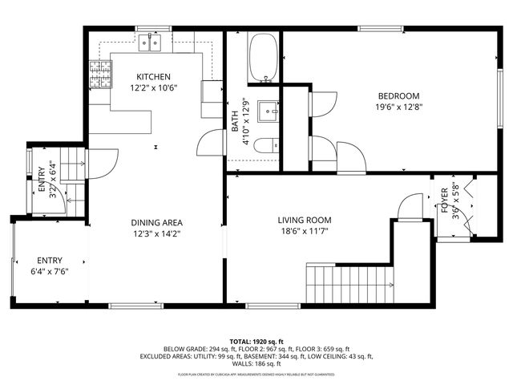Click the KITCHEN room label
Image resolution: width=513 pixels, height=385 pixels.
click(152, 76)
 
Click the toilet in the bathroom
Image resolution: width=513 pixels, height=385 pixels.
click(273, 144)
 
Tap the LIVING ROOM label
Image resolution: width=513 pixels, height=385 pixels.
click(305, 220)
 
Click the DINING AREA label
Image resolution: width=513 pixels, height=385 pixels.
click(158, 222)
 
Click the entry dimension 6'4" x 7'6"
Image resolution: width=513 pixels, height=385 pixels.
click(49, 272)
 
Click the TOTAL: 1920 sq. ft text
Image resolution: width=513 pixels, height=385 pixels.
click(256, 342)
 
